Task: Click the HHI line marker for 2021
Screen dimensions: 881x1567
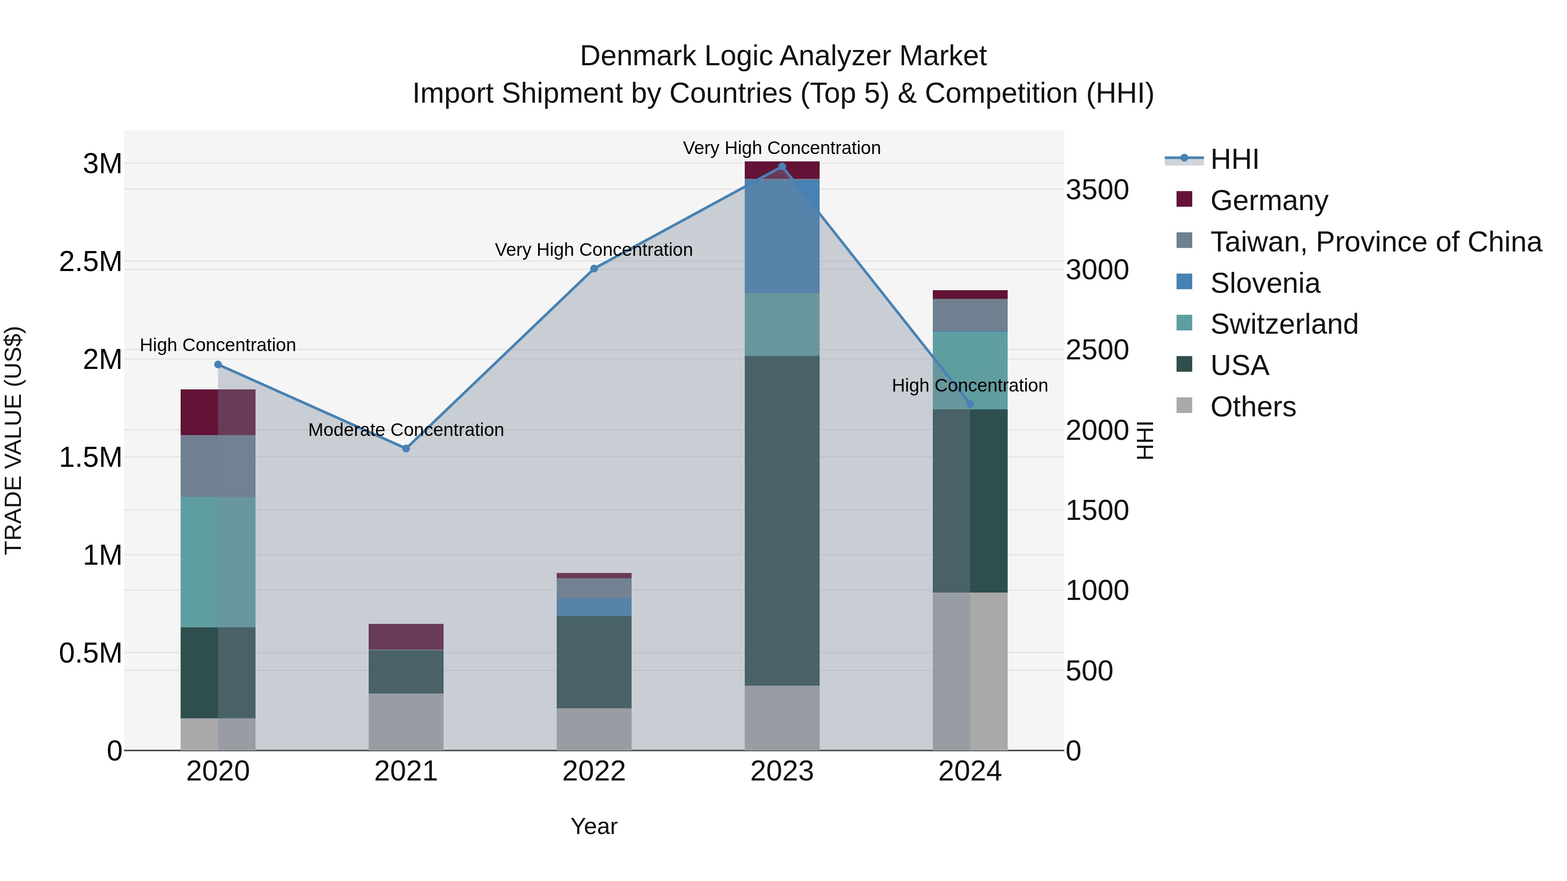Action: click(407, 449)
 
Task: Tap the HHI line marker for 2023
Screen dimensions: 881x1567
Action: click(782, 167)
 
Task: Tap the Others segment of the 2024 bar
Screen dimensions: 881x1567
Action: click(970, 671)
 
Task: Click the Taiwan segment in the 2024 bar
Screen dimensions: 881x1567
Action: click(970, 315)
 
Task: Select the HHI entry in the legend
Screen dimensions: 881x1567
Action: click(1234, 159)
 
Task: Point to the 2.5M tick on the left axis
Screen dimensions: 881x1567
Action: click(91, 262)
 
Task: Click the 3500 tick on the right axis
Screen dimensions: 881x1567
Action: click(1097, 190)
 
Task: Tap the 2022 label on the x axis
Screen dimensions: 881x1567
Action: click(594, 771)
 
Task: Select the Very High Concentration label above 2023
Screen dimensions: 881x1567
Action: click(782, 148)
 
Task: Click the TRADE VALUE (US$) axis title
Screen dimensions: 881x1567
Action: click(14, 440)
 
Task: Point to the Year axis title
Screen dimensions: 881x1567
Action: click(594, 826)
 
